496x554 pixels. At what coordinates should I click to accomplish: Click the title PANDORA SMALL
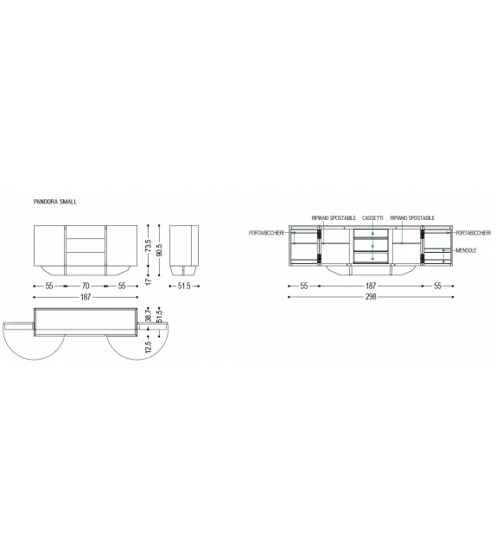click(54, 202)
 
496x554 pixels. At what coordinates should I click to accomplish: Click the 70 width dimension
click(86, 286)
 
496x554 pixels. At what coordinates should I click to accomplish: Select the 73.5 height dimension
click(149, 246)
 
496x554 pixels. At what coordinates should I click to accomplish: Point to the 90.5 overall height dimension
click(159, 249)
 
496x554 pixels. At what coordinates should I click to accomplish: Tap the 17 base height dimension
click(149, 281)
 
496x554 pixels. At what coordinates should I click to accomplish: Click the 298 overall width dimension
click(371, 297)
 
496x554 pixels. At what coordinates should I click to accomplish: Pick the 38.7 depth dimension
click(149, 314)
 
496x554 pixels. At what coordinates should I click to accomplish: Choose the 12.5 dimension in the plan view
click(149, 347)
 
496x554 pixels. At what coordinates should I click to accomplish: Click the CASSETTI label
click(372, 218)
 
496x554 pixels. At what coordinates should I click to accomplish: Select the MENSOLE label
click(466, 250)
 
